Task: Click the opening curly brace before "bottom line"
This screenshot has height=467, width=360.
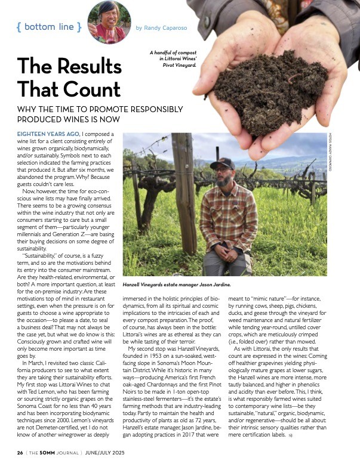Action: point(19,27)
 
